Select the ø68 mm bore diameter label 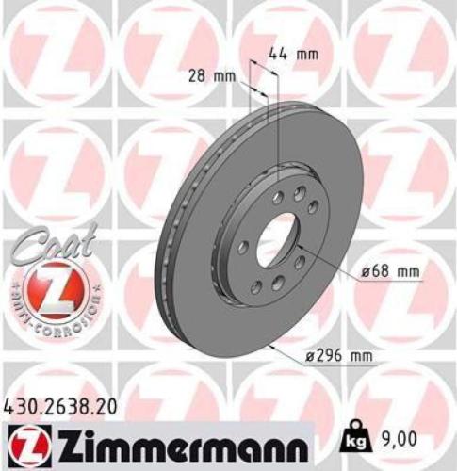[x=390, y=273]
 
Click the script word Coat [x=42, y=248]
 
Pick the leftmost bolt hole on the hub [x=243, y=247]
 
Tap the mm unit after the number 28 [x=225, y=75]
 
